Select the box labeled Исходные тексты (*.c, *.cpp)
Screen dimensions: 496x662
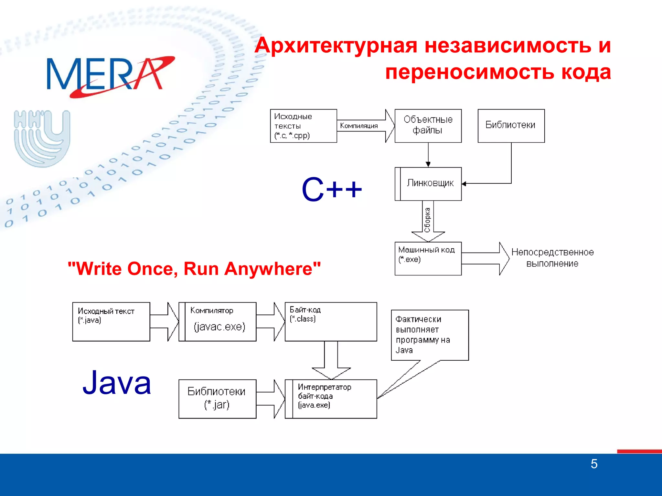point(303,126)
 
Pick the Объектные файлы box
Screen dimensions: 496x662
point(428,126)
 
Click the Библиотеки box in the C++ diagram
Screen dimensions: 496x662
point(511,126)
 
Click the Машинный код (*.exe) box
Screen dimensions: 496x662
point(428,258)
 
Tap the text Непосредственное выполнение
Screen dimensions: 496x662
point(552,258)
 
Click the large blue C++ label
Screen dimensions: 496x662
point(332,190)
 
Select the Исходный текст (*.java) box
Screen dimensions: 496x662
point(111,322)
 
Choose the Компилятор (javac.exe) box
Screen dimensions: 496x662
point(218,322)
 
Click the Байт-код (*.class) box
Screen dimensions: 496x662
point(331,322)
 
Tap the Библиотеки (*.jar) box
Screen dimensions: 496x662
point(217,399)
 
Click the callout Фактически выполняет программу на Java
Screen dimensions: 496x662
point(429,335)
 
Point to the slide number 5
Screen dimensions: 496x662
point(594,464)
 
